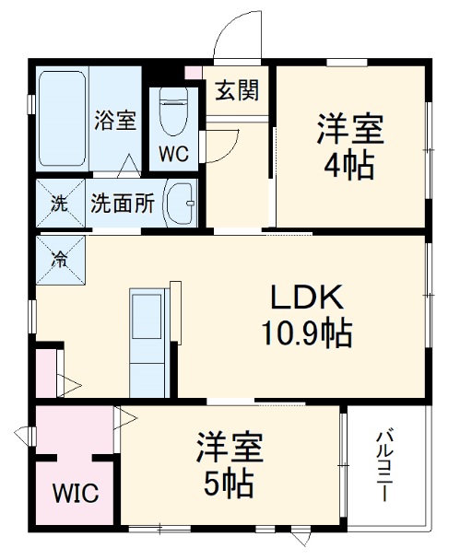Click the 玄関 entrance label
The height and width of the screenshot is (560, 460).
[237, 90]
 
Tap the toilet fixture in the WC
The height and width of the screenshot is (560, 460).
[173, 111]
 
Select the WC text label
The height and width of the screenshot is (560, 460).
[173, 154]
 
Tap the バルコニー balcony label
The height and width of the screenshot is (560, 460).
[387, 465]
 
